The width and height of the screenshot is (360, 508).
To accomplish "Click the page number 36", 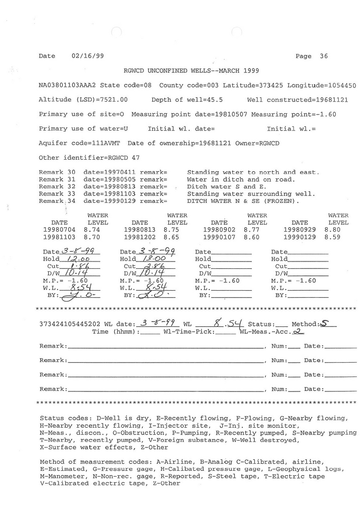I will [323, 56].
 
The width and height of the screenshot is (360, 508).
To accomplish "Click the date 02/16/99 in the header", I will [84, 56].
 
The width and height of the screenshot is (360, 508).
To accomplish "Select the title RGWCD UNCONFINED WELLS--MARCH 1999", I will [191, 71].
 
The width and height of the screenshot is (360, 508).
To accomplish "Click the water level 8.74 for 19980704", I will [92, 230].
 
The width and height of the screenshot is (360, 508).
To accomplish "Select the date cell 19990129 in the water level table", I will [299, 237].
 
